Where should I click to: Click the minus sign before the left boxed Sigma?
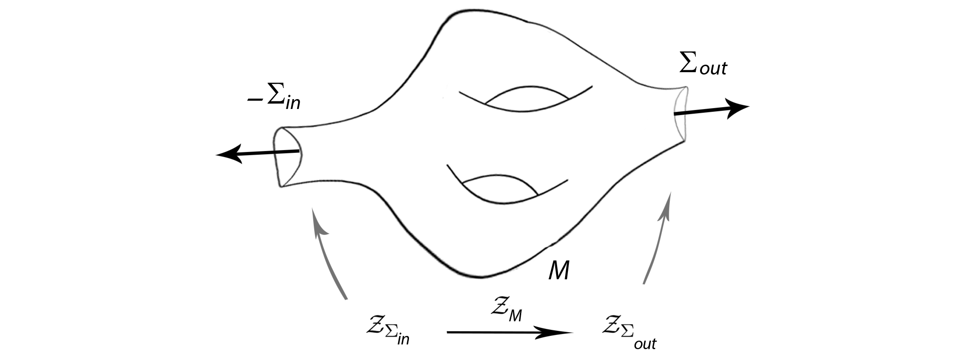coord(255,100)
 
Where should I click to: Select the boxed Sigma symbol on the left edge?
coord(275,93)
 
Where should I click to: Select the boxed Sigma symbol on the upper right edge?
coord(690,62)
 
